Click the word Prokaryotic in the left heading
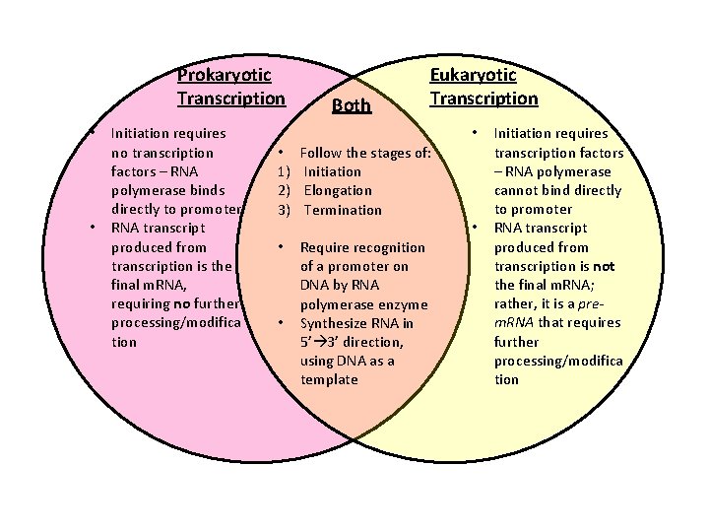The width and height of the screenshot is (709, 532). point(225,74)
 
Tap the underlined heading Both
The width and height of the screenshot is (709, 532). point(352,105)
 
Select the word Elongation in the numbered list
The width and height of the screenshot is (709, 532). point(338,190)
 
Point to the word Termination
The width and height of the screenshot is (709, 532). point(343,210)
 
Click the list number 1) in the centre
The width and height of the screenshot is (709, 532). point(284,171)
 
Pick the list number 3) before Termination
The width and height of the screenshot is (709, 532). point(284,210)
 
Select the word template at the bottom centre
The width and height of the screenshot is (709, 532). point(329,379)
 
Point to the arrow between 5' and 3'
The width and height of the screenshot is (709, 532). point(320,342)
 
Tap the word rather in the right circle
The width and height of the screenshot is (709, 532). point(516,303)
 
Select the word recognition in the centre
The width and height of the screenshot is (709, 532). point(386,247)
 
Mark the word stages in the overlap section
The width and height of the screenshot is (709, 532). point(394,153)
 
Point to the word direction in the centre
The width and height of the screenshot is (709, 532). point(375,342)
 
